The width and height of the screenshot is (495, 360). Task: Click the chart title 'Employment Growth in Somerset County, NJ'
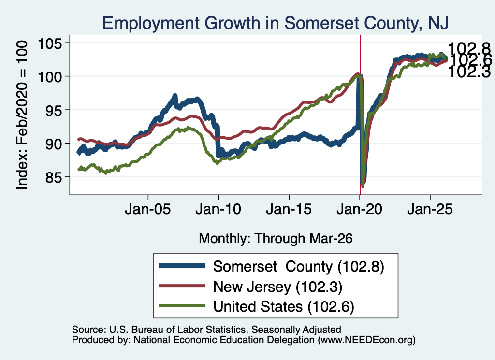[x=275, y=23]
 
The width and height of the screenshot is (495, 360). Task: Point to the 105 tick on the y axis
[x=50, y=43]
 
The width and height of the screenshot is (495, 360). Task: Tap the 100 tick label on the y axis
[x=50, y=76]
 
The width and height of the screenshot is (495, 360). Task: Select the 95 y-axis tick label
[x=53, y=110]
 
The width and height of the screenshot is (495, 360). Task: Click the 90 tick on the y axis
[x=53, y=144]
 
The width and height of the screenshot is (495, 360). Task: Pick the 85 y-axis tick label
[x=53, y=177]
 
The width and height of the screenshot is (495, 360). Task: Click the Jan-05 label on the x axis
[x=148, y=209]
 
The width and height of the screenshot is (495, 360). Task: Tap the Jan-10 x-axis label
[x=218, y=209]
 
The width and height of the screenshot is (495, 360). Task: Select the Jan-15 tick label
[x=289, y=209]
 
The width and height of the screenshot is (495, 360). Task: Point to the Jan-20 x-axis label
[x=359, y=209]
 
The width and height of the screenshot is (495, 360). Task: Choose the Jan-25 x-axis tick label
[x=430, y=209]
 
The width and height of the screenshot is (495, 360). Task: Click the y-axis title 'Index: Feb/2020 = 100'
[x=22, y=115]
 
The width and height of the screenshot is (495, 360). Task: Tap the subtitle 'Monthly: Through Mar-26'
[x=276, y=239]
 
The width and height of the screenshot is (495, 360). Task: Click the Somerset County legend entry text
[x=299, y=267]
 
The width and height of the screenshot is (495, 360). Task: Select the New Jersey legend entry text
[x=278, y=287]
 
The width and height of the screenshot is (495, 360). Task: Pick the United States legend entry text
[x=284, y=307]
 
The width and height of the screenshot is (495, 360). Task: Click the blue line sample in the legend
[x=182, y=266]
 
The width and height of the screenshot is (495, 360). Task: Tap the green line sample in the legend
[x=182, y=306]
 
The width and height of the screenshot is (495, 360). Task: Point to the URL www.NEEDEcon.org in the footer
[x=366, y=340]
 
